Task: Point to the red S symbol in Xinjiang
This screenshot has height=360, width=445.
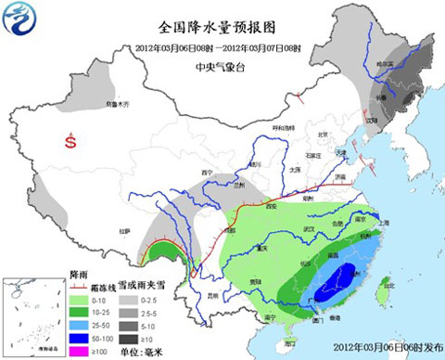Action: click(70, 142)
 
